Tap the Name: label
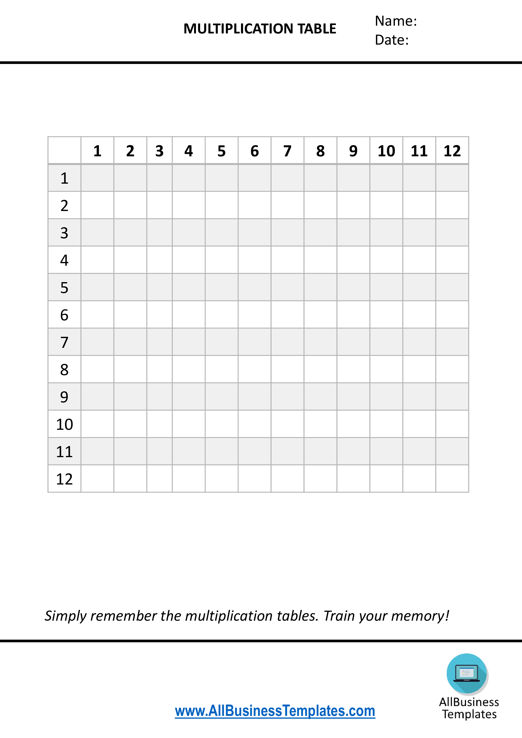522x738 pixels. click(395, 21)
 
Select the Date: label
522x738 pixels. click(391, 40)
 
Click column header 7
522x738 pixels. click(287, 151)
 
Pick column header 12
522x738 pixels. click(452, 151)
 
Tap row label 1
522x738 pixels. click(64, 178)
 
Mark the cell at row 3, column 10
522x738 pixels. click(386, 233)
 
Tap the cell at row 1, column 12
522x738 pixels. click(452, 178)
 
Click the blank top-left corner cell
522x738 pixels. click(64, 150)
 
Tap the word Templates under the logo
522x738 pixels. click(469, 714)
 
